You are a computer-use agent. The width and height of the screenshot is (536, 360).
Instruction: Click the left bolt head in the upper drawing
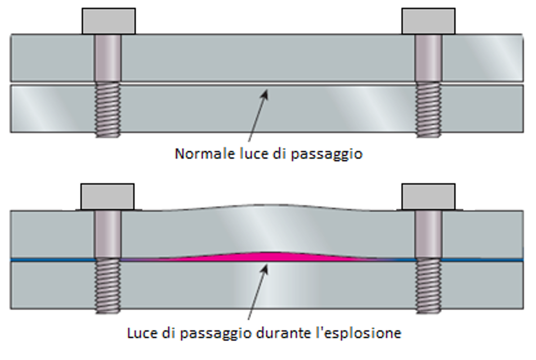pyautogui.click(x=108, y=21)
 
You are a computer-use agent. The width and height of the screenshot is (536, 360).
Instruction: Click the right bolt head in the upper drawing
pyautogui.click(x=428, y=21)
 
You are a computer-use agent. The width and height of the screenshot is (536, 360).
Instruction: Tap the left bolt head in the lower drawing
pyautogui.click(x=107, y=196)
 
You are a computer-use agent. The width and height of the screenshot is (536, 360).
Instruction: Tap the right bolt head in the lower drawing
pyautogui.click(x=428, y=196)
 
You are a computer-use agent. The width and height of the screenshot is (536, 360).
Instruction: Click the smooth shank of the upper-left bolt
pyautogui.click(x=107, y=58)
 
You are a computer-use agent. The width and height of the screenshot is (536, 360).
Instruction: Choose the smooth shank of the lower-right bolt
pyautogui.click(x=429, y=234)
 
